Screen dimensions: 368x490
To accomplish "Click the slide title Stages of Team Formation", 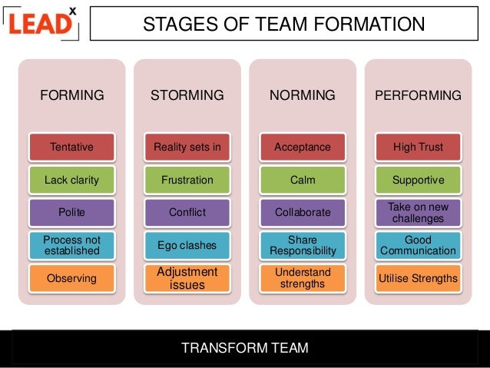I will click(x=283, y=24).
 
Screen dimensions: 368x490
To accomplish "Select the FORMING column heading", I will click(x=71, y=96).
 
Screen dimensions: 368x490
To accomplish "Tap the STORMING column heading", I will click(x=187, y=96).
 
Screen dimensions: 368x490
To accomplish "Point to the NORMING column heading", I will click(x=303, y=96).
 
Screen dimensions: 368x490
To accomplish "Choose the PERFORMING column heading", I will click(x=418, y=96).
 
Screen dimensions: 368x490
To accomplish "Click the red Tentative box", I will click(x=71, y=147).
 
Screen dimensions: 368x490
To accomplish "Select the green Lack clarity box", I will click(x=71, y=181).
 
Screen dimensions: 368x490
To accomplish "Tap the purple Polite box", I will click(x=71, y=212).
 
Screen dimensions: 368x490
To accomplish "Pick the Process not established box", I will click(x=71, y=245).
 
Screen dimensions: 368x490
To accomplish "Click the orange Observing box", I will click(x=71, y=278).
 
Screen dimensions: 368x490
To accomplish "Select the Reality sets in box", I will click(x=187, y=147).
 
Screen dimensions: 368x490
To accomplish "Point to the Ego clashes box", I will click(x=187, y=245).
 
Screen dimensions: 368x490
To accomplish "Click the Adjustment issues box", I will click(x=187, y=278).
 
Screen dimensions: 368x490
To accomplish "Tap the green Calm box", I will click(x=303, y=181).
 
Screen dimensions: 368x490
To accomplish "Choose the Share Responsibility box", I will click(x=303, y=245).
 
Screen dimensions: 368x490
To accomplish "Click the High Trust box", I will click(x=418, y=147).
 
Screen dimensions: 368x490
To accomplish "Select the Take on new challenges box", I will click(x=418, y=212).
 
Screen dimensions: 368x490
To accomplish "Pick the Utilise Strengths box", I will click(x=418, y=278).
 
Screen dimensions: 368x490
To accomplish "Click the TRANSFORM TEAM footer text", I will click(x=244, y=348).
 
